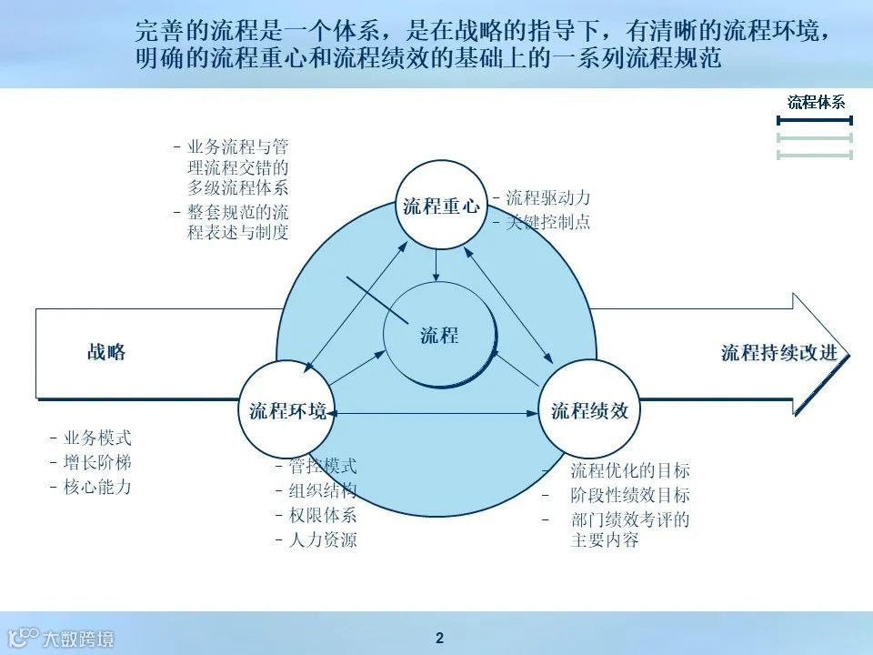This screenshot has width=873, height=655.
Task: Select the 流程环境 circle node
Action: tap(287, 410)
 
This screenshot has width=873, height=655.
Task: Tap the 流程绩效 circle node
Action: tap(589, 410)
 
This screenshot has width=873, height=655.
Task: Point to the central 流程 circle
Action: tap(440, 336)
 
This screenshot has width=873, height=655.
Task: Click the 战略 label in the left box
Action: tap(106, 353)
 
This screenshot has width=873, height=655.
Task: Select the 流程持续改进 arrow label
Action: tap(778, 353)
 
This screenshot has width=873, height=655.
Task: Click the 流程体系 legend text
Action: tap(816, 102)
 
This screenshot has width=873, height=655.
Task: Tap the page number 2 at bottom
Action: tap(439, 638)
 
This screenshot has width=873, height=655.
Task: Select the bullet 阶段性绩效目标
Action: tap(629, 496)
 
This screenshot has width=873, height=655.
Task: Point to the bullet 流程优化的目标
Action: tap(629, 471)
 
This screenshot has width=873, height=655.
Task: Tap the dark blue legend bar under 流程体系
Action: tap(815, 120)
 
